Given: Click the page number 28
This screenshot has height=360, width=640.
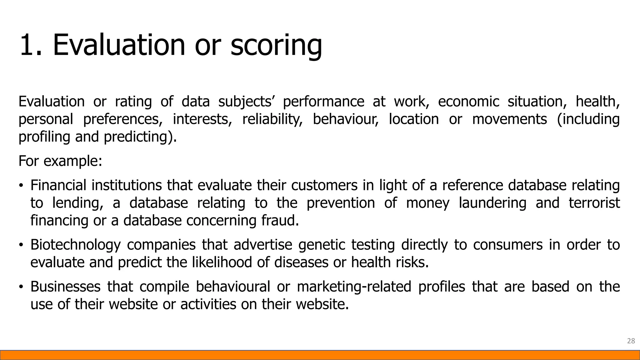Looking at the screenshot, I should click(631, 341).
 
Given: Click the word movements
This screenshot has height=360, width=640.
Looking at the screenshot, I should click(509, 119).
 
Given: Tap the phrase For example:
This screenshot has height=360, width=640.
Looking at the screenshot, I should click(60, 161).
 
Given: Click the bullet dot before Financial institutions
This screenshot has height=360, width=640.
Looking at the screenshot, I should click(21, 186).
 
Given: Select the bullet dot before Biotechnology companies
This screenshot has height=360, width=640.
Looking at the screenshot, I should click(21, 245).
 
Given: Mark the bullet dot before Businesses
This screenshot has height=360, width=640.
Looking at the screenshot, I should click(21, 287).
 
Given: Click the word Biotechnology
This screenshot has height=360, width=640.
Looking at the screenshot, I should click(75, 245).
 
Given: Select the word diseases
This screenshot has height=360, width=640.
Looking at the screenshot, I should click(301, 262).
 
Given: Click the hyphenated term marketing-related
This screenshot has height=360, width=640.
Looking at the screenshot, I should click(354, 287).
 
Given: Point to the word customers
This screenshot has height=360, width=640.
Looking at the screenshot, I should click(324, 185).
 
